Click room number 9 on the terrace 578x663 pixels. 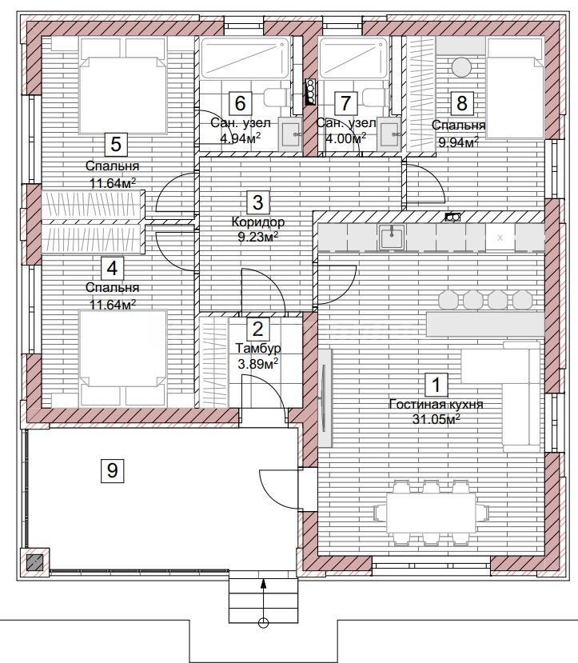(113, 470)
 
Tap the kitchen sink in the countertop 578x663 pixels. (392, 238)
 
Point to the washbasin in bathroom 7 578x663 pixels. (389, 134)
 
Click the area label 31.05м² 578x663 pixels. (436, 419)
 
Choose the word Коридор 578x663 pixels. (257, 222)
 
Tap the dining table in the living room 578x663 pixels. (432, 513)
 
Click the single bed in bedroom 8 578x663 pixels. (514, 88)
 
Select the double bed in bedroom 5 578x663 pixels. (122, 86)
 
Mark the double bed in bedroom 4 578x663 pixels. (122, 357)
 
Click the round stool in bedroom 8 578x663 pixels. (461, 67)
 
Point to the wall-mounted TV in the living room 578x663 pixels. (325, 398)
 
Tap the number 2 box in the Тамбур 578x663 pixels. (257, 329)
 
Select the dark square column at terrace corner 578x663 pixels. (35, 562)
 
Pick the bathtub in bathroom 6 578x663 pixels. (245, 58)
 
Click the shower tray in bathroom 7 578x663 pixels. (353, 58)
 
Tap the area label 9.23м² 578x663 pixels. (257, 237)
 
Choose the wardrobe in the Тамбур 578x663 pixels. (213, 362)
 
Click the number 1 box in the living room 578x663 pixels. (436, 384)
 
